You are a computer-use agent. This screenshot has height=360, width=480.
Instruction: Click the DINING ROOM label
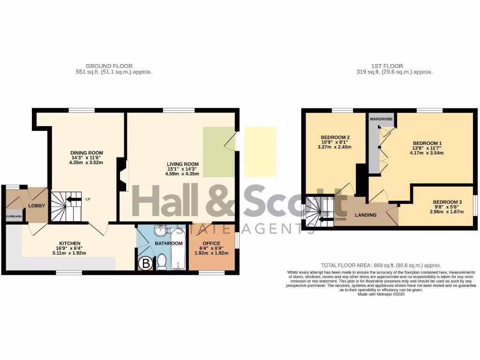point(87,153)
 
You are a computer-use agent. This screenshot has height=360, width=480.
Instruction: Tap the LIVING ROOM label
point(182,164)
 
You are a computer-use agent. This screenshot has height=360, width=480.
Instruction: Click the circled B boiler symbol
point(146,264)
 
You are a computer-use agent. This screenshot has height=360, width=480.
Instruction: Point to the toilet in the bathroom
point(161,262)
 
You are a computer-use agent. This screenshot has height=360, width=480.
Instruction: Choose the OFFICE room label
point(211,243)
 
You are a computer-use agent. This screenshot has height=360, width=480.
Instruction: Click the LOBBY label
point(37,206)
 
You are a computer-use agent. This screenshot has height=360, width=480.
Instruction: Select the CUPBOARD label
point(14,217)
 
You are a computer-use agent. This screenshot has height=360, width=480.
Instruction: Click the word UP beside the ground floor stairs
point(88,199)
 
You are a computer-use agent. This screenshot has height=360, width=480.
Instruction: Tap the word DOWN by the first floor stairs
point(340,219)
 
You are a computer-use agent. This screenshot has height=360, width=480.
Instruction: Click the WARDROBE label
point(381,119)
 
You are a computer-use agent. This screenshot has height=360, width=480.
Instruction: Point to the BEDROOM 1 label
point(427,143)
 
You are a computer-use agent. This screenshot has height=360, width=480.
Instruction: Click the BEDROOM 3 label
point(447,202)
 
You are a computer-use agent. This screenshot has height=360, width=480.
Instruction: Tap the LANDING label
point(365,215)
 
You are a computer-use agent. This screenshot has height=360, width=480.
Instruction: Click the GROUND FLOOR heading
point(109,66)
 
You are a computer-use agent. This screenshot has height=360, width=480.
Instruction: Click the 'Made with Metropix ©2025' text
point(381,294)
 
